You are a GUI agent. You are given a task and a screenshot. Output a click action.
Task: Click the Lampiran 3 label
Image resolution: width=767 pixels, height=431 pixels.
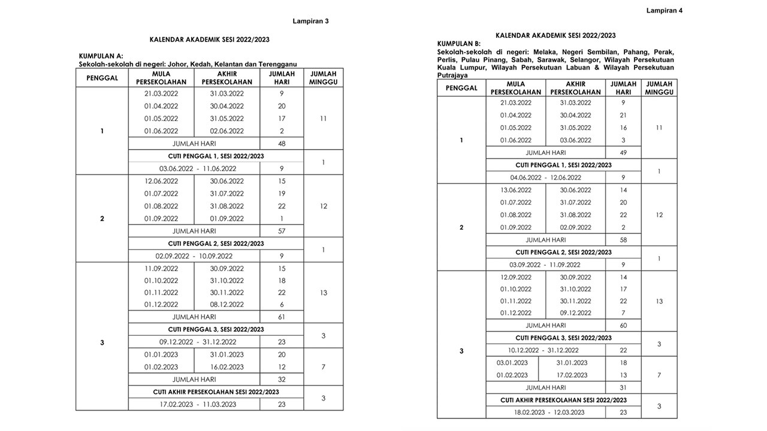pos(310,21)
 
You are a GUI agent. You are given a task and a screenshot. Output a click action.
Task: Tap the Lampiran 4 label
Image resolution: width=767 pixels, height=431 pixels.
pos(665,10)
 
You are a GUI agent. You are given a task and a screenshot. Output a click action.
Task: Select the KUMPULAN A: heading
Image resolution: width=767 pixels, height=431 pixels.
pos(101,56)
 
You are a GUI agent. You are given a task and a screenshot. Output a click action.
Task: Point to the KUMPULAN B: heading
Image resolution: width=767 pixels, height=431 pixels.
pos(459,44)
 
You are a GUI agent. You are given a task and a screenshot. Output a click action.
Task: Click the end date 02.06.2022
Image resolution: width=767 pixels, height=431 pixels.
pos(227,131)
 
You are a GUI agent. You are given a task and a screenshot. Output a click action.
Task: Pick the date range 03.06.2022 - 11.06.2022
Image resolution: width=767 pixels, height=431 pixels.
pos(198,169)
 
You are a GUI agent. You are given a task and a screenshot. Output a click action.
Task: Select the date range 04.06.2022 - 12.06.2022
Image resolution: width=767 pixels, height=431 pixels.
pos(545,177)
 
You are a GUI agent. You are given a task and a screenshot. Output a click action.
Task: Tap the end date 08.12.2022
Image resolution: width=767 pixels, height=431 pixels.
pos(227,305)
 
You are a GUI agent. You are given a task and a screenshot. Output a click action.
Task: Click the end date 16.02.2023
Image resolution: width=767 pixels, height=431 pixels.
pos(227,367)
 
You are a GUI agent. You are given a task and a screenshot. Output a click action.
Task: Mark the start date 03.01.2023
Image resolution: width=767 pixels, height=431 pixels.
pos(512,363)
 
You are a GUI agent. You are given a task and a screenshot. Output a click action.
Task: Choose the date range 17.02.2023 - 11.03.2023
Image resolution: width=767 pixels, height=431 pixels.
pos(198,404)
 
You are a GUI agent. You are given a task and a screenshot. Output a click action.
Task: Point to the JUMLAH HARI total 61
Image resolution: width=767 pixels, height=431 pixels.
pos(282,317)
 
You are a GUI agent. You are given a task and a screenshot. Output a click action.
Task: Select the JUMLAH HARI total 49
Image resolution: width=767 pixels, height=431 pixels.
pos(623,153)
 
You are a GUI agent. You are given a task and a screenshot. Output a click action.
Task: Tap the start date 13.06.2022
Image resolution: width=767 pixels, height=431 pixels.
pos(516,190)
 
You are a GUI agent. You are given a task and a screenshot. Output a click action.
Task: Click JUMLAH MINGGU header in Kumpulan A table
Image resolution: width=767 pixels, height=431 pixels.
pos(323,78)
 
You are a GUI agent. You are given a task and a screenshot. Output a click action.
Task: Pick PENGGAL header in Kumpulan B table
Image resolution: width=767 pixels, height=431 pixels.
pos(461,88)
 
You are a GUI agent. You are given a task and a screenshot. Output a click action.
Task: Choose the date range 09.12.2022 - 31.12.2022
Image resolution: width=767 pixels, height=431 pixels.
pos(198,342)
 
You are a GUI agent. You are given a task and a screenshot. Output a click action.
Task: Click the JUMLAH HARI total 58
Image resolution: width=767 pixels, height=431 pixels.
pos(623,240)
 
